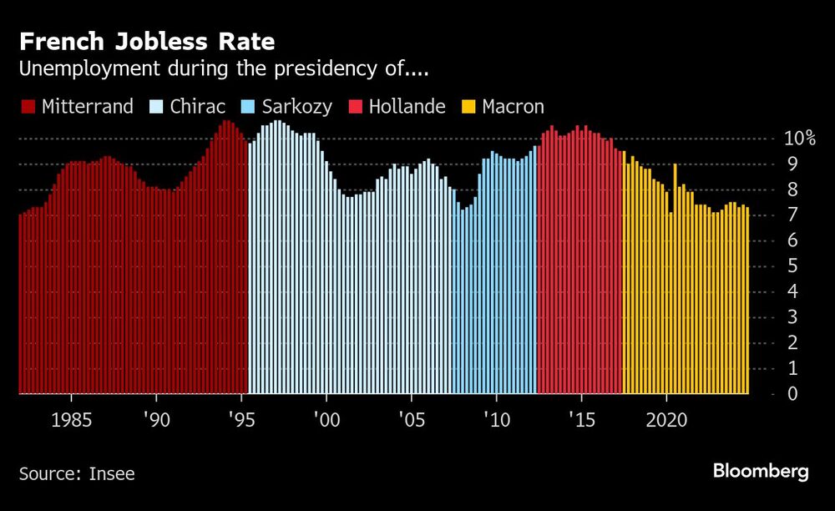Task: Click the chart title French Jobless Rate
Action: point(147,41)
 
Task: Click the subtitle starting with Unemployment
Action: point(224,69)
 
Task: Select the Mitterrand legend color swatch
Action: point(28,107)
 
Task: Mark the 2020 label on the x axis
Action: point(667,418)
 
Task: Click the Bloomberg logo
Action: point(761,472)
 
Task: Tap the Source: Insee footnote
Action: point(77,474)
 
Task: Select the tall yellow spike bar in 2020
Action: point(675,276)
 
